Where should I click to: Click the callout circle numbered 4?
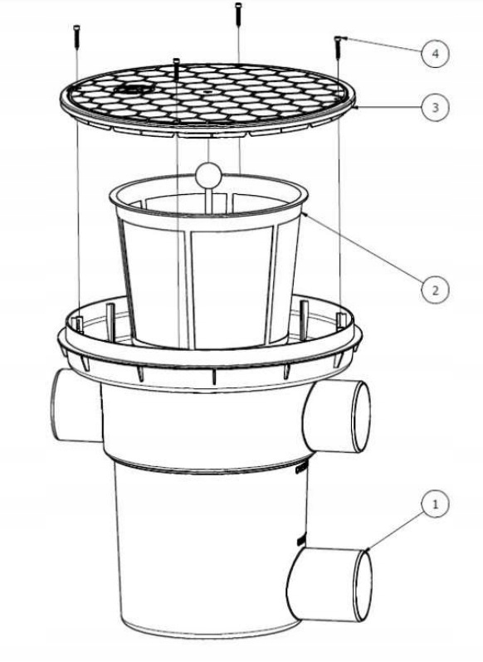(x=436, y=54)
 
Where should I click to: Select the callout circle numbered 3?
(x=436, y=107)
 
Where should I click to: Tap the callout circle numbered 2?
(x=436, y=290)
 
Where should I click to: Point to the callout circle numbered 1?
(x=436, y=504)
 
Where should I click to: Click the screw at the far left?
(x=76, y=37)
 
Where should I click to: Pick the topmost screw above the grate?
(x=238, y=14)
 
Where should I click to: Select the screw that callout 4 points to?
(x=339, y=46)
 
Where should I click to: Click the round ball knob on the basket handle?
(x=208, y=174)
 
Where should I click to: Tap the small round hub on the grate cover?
(x=133, y=89)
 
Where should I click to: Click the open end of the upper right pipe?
(x=361, y=416)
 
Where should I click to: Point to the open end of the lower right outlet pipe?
(x=363, y=585)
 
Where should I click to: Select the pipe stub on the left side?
(x=76, y=406)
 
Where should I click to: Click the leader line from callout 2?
(x=363, y=247)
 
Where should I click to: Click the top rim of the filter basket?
(x=208, y=194)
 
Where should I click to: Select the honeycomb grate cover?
(x=207, y=100)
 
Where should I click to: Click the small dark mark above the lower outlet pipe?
(x=301, y=541)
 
